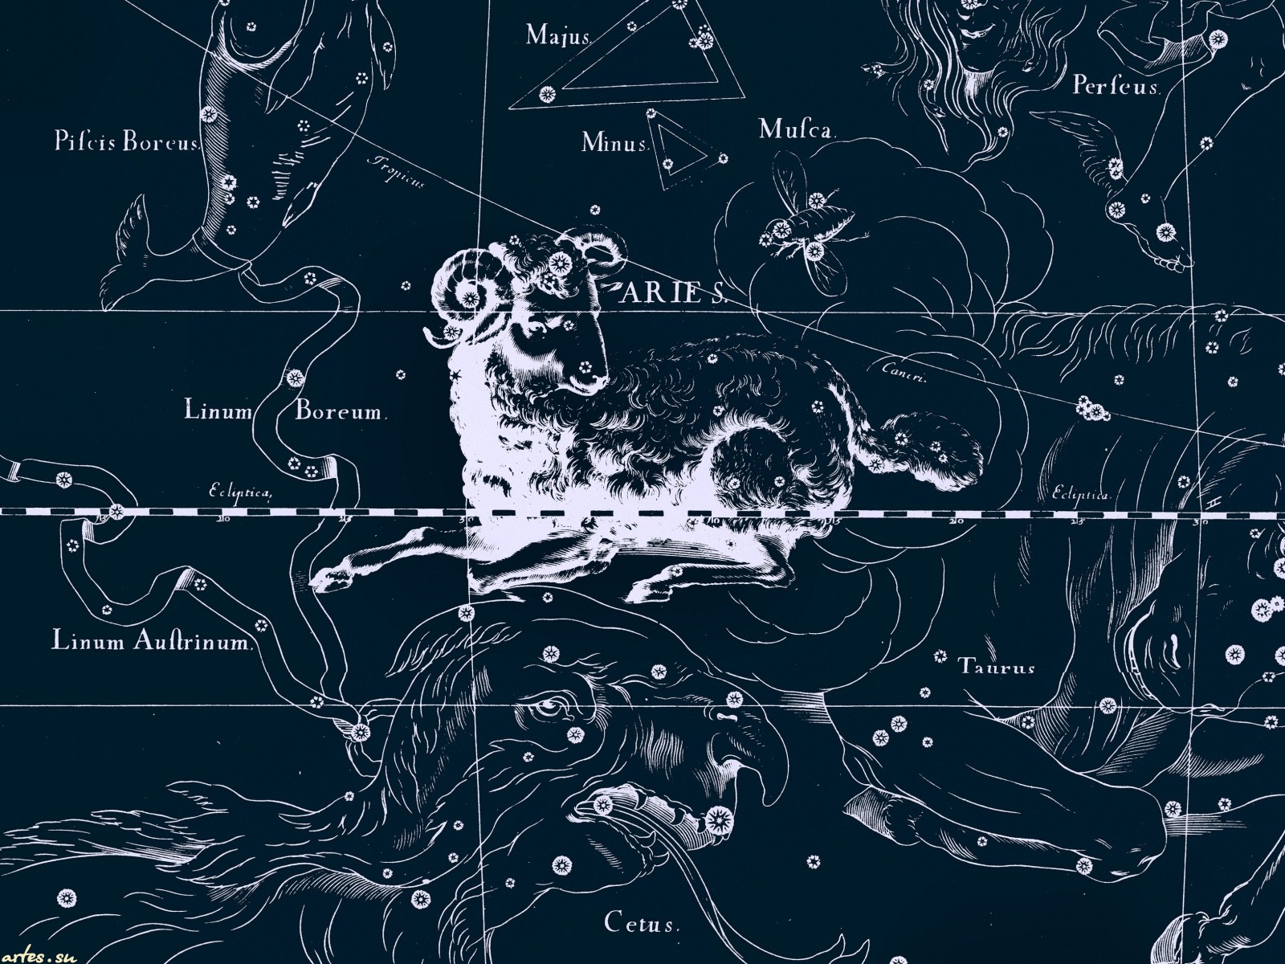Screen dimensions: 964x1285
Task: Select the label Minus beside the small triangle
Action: click(615, 144)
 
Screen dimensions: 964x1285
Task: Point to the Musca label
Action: click(798, 129)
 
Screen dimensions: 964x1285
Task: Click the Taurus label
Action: click(997, 667)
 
